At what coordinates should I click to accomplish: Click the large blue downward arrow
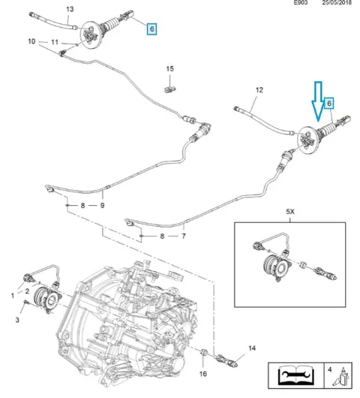[x=319, y=101]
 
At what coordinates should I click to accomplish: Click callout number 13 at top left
[x=70, y=9]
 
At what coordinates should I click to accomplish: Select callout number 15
[x=169, y=69]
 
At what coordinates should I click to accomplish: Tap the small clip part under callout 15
[x=169, y=89]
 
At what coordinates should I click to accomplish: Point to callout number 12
[x=259, y=90]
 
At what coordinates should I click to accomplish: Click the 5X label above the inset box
[x=290, y=212]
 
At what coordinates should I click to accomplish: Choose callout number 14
[x=252, y=348]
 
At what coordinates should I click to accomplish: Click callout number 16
[x=203, y=374]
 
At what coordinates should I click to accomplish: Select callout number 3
[x=17, y=320]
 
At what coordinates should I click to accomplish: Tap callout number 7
[x=184, y=237]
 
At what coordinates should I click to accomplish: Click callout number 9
[x=102, y=205]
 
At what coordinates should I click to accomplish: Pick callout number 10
[x=31, y=41]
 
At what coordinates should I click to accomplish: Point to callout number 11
[x=55, y=42]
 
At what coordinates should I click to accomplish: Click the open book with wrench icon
[x=295, y=375]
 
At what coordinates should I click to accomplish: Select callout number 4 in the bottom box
[x=329, y=369]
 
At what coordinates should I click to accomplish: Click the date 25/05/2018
[x=337, y=2]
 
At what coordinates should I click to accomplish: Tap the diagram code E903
[x=301, y=2]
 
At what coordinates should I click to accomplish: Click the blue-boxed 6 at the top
[x=151, y=29]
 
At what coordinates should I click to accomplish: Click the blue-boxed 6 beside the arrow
[x=329, y=104]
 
